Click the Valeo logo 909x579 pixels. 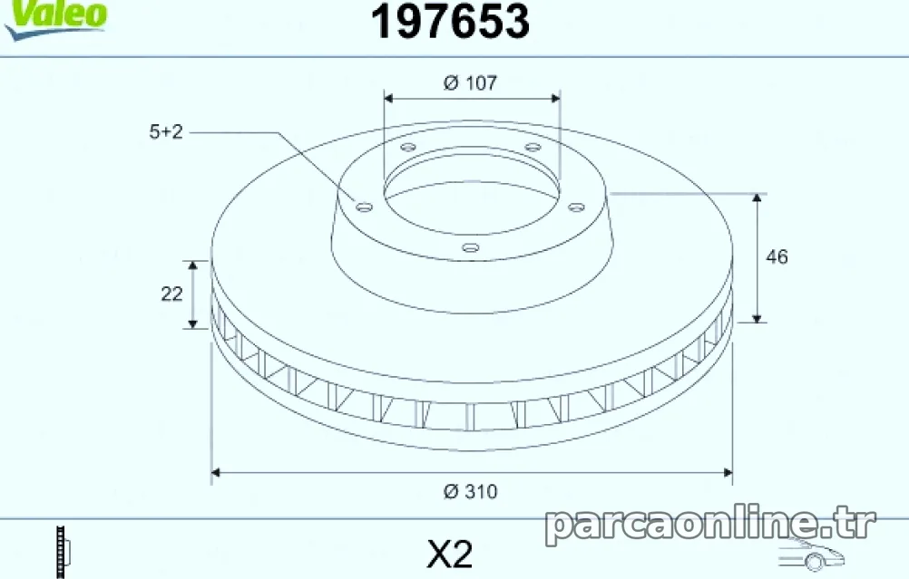(55, 19)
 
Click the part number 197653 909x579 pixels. (450, 22)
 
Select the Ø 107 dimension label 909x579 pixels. (470, 82)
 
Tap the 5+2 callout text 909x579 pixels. (166, 132)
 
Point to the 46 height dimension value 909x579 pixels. (777, 256)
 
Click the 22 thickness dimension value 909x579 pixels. (171, 294)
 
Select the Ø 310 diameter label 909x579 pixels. (470, 492)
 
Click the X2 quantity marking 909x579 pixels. (450, 555)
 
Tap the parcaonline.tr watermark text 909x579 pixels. (710, 524)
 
